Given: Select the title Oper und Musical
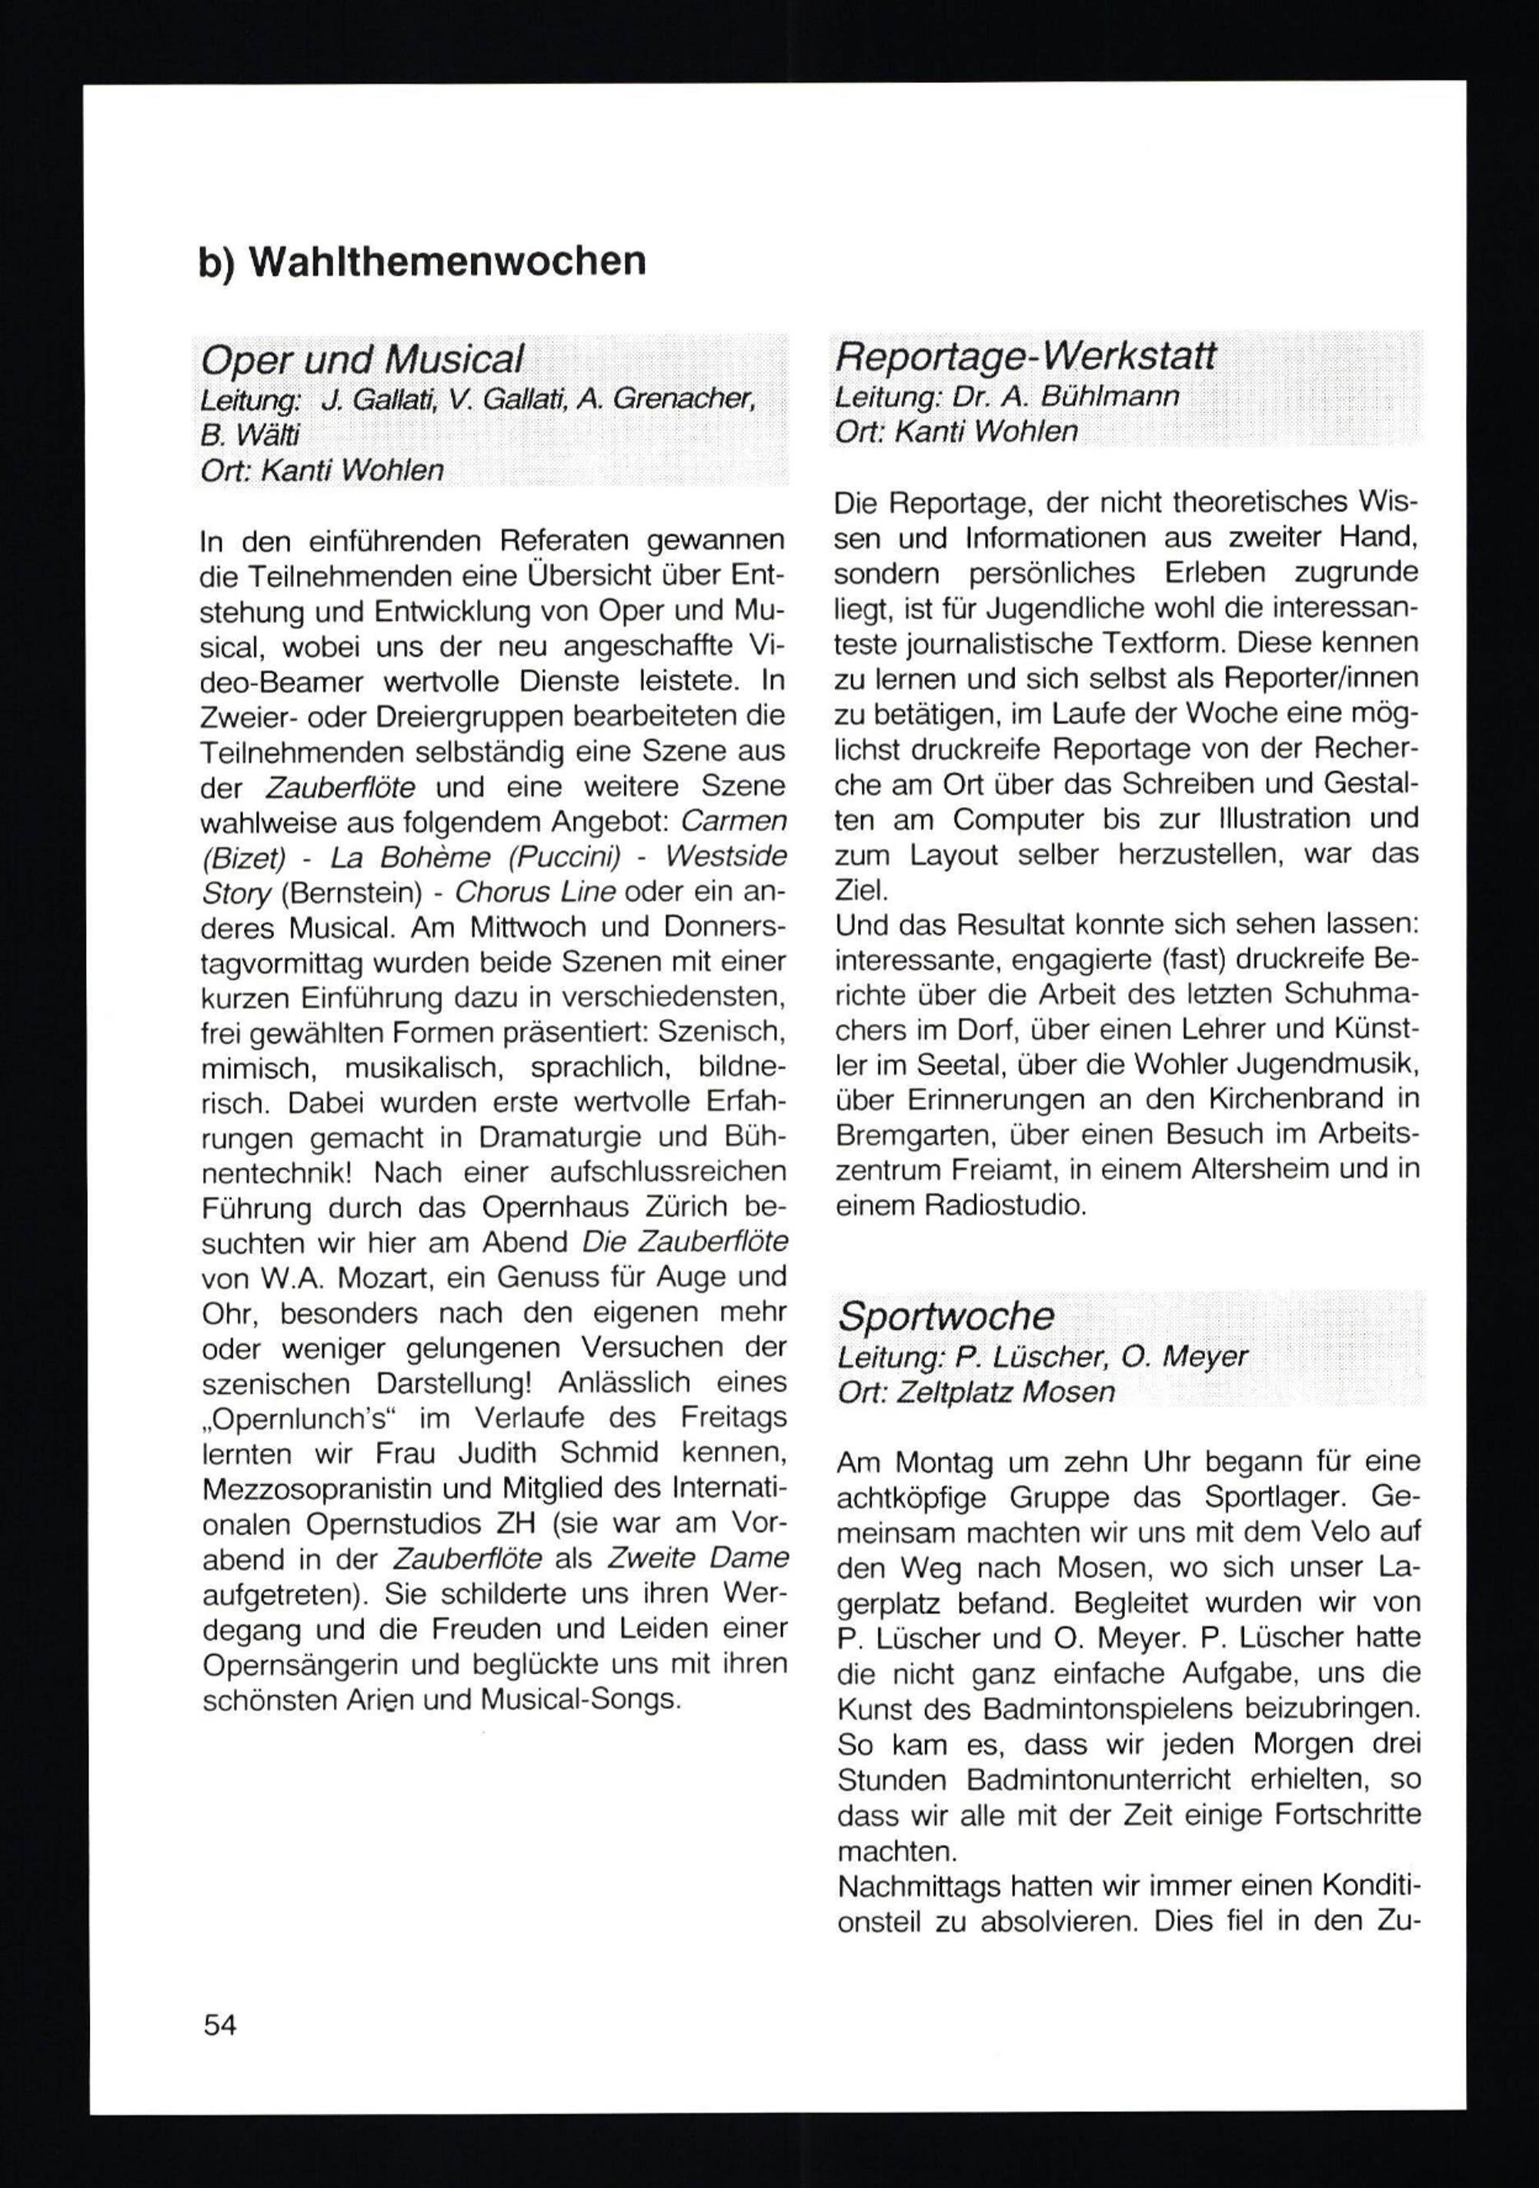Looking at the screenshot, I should click(x=362, y=360).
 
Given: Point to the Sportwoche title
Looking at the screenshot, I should click(x=945, y=1316).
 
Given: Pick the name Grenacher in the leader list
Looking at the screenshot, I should click(x=683, y=399).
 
